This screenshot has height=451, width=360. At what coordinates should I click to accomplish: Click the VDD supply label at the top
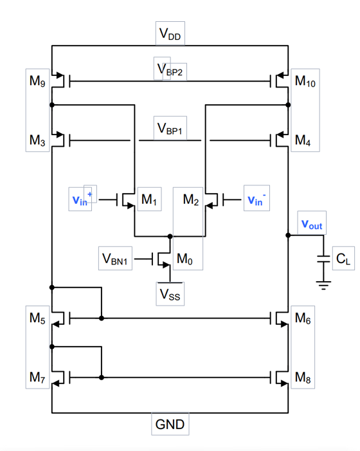point(171,35)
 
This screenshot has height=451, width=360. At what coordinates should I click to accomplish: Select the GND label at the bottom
point(170,425)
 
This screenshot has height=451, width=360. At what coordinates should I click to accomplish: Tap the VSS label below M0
point(170,293)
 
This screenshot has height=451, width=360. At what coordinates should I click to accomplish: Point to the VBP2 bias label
point(170,69)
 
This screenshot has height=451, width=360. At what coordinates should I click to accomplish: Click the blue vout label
point(312,225)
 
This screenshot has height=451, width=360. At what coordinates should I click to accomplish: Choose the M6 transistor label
point(303,317)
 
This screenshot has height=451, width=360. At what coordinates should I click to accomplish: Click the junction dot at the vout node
point(287,235)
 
